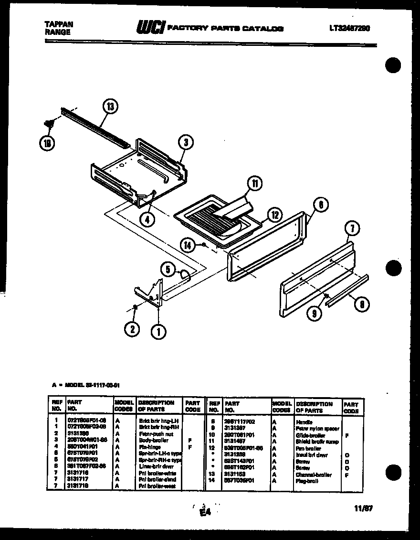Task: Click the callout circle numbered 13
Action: (x=111, y=107)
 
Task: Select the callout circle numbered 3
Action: (x=185, y=141)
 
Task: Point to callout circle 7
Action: (x=351, y=230)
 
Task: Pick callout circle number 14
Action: (x=189, y=246)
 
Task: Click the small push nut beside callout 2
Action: (x=136, y=307)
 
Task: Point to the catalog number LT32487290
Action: (x=349, y=28)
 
